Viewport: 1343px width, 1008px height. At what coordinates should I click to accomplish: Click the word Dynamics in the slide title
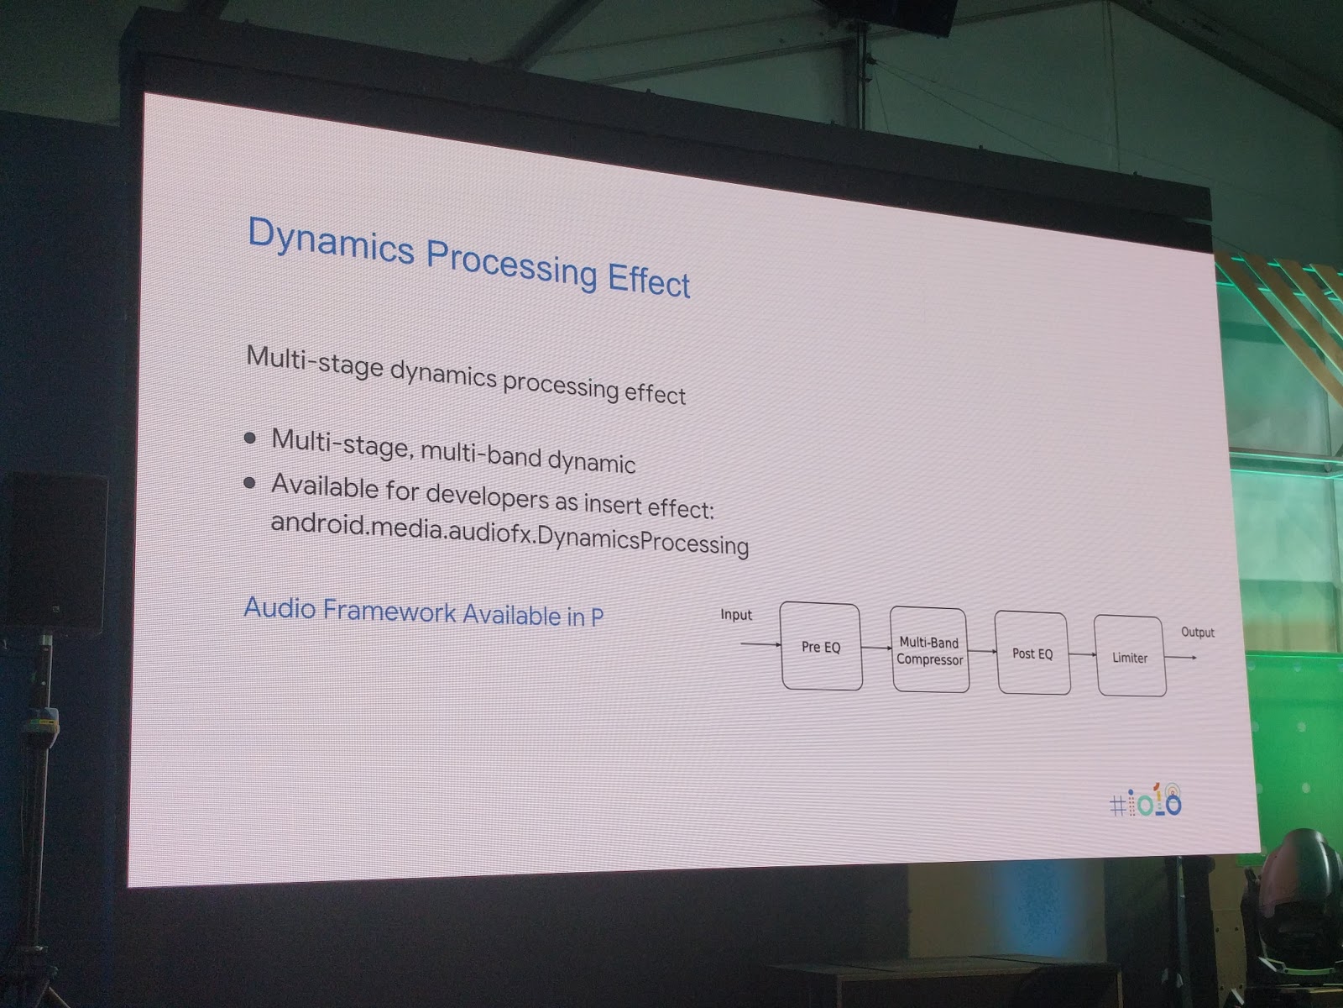331,243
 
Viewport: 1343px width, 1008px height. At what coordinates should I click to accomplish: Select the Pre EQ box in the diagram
821,646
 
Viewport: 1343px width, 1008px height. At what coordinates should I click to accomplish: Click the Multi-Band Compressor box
929,650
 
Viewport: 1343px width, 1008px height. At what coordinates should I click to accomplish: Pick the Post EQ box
1032,653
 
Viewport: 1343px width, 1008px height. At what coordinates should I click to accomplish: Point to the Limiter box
1130,656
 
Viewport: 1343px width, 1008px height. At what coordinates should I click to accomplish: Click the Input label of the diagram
736,615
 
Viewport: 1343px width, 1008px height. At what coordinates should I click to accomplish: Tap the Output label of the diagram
1198,633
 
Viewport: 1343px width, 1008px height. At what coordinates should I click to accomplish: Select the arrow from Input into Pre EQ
760,643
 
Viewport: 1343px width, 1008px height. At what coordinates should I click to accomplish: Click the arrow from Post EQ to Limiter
1082,654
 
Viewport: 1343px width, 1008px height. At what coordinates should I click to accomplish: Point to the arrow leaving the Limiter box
1181,658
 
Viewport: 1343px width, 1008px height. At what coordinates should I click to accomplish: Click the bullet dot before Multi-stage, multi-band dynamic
249,438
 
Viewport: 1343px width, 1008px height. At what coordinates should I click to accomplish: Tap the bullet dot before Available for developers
249,483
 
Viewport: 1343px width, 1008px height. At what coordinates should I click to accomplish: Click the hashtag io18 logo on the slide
1146,801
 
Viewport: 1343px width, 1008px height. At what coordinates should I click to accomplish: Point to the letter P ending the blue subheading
597,617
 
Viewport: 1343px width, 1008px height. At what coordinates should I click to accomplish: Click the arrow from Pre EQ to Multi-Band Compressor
876,648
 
